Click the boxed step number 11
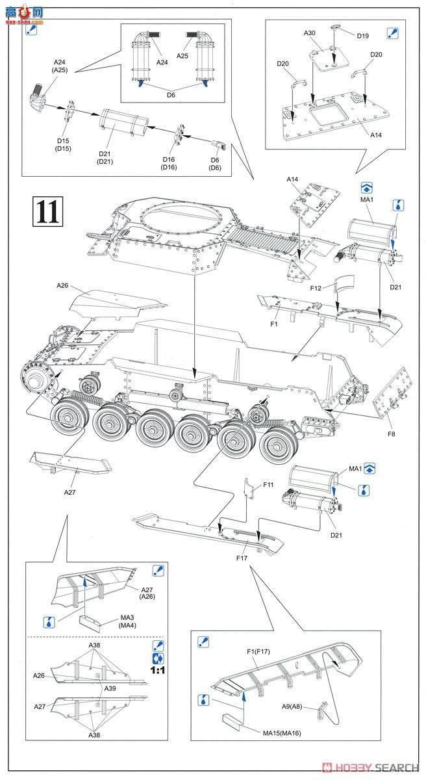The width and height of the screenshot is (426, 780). [47, 211]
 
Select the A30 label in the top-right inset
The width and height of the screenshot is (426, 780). [308, 33]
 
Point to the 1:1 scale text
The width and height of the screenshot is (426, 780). [157, 669]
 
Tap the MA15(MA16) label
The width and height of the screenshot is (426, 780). [282, 733]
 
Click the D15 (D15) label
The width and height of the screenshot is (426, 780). [63, 144]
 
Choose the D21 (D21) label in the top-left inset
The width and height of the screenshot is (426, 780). [105, 157]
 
